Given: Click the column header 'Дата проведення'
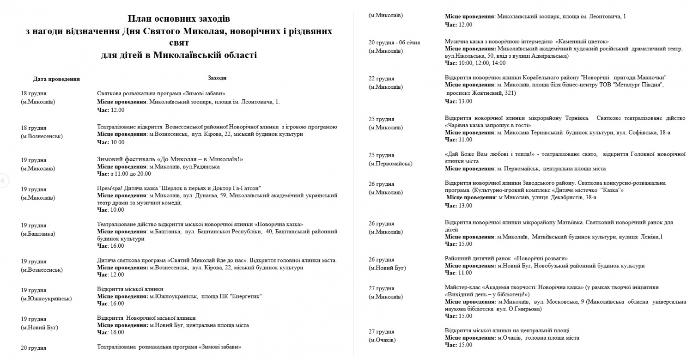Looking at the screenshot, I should [56, 79].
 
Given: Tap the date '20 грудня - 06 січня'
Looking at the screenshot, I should [394, 43].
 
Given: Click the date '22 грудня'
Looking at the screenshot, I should [381, 79].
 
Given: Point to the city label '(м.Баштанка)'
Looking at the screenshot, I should [38, 234].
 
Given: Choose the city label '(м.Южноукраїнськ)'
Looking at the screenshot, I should [46, 299].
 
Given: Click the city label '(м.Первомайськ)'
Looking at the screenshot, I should [390, 164].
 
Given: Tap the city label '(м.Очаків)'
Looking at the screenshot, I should [382, 340].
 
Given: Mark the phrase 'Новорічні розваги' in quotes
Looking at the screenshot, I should [542, 258].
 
